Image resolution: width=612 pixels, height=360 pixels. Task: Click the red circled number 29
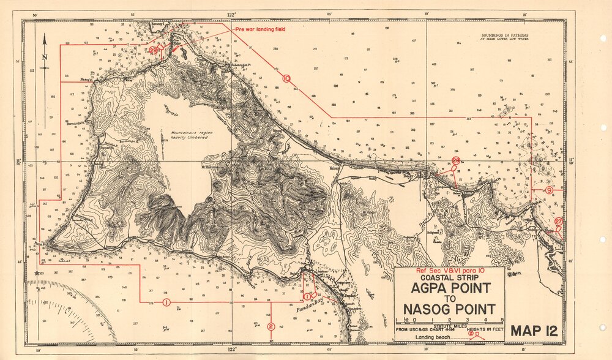pyautogui.click(x=153, y=51)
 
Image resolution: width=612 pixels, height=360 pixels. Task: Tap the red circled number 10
pyautogui.click(x=286, y=78)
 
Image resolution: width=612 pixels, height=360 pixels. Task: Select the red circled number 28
pyautogui.click(x=456, y=160)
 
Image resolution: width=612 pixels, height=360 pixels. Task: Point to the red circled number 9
pyautogui.click(x=549, y=191)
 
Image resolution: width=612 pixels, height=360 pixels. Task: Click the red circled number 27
pyautogui.click(x=558, y=222)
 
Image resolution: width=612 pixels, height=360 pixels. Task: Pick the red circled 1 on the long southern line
pyautogui.click(x=166, y=302)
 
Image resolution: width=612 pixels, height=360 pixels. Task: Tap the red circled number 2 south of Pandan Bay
pyautogui.click(x=271, y=326)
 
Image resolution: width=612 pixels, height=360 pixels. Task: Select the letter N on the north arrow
pyautogui.click(x=44, y=58)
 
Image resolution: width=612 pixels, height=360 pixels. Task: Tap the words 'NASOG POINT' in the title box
pyautogui.click(x=449, y=309)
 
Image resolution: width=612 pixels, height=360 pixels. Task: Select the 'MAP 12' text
pyautogui.click(x=534, y=331)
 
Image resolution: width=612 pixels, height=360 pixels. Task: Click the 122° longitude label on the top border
pyautogui.click(x=232, y=13)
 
